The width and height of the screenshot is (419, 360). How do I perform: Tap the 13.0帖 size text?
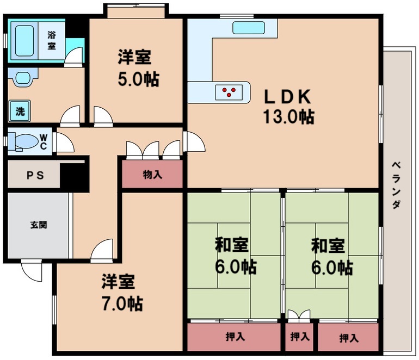(x=288, y=116)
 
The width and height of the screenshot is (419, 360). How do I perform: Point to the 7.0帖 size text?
(x=122, y=302)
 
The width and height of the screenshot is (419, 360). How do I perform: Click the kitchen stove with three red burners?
(x=229, y=92)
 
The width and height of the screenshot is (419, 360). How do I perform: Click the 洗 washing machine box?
(x=20, y=111)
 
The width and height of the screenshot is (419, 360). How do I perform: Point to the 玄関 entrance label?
(x=38, y=224)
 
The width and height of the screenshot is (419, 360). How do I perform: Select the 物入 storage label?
(x=152, y=175)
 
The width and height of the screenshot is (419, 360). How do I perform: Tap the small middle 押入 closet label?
(x=299, y=337)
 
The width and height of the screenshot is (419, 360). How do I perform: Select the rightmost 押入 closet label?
(x=349, y=338)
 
